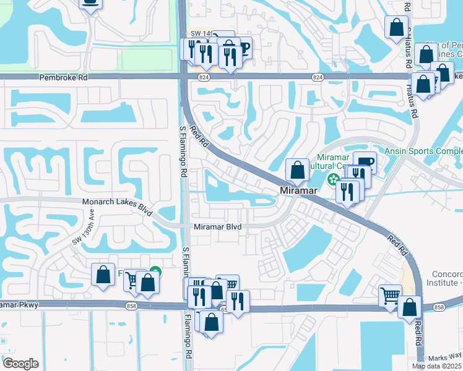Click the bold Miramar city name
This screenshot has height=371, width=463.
pyautogui.click(x=298, y=191)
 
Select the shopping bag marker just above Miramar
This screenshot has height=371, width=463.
pyautogui.click(x=297, y=169)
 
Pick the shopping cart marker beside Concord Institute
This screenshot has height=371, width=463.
pyautogui.click(x=390, y=296)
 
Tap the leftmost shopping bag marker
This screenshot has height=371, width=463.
pyautogui.click(x=102, y=274)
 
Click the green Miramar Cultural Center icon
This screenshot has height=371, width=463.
pyautogui.click(x=333, y=181)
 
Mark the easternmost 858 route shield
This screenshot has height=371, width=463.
pyautogui.click(x=439, y=307)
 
